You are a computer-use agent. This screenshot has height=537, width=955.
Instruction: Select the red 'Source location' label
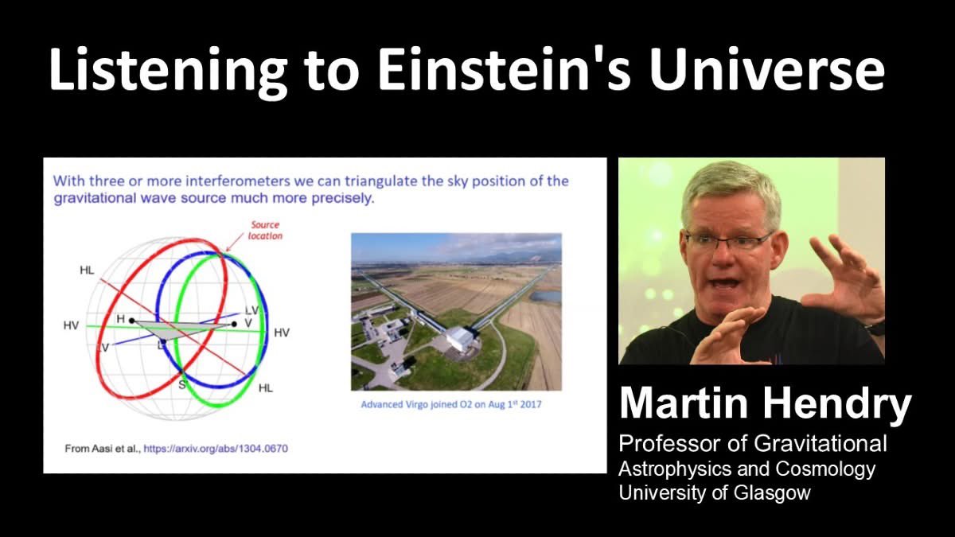[265, 231]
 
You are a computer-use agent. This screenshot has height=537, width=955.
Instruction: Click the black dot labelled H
[132, 321]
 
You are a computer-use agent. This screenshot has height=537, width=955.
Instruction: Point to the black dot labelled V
[234, 324]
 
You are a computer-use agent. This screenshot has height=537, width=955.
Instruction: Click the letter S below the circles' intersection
[182, 385]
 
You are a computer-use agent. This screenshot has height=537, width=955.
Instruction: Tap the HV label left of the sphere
[72, 326]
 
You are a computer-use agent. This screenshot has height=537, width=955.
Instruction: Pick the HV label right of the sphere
[281, 333]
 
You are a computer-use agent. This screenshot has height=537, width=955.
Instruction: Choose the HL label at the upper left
[87, 270]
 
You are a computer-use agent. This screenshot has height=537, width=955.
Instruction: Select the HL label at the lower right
[266, 387]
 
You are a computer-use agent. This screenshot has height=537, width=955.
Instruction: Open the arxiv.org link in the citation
[216, 449]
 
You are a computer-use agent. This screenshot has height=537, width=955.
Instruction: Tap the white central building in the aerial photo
[459, 339]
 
